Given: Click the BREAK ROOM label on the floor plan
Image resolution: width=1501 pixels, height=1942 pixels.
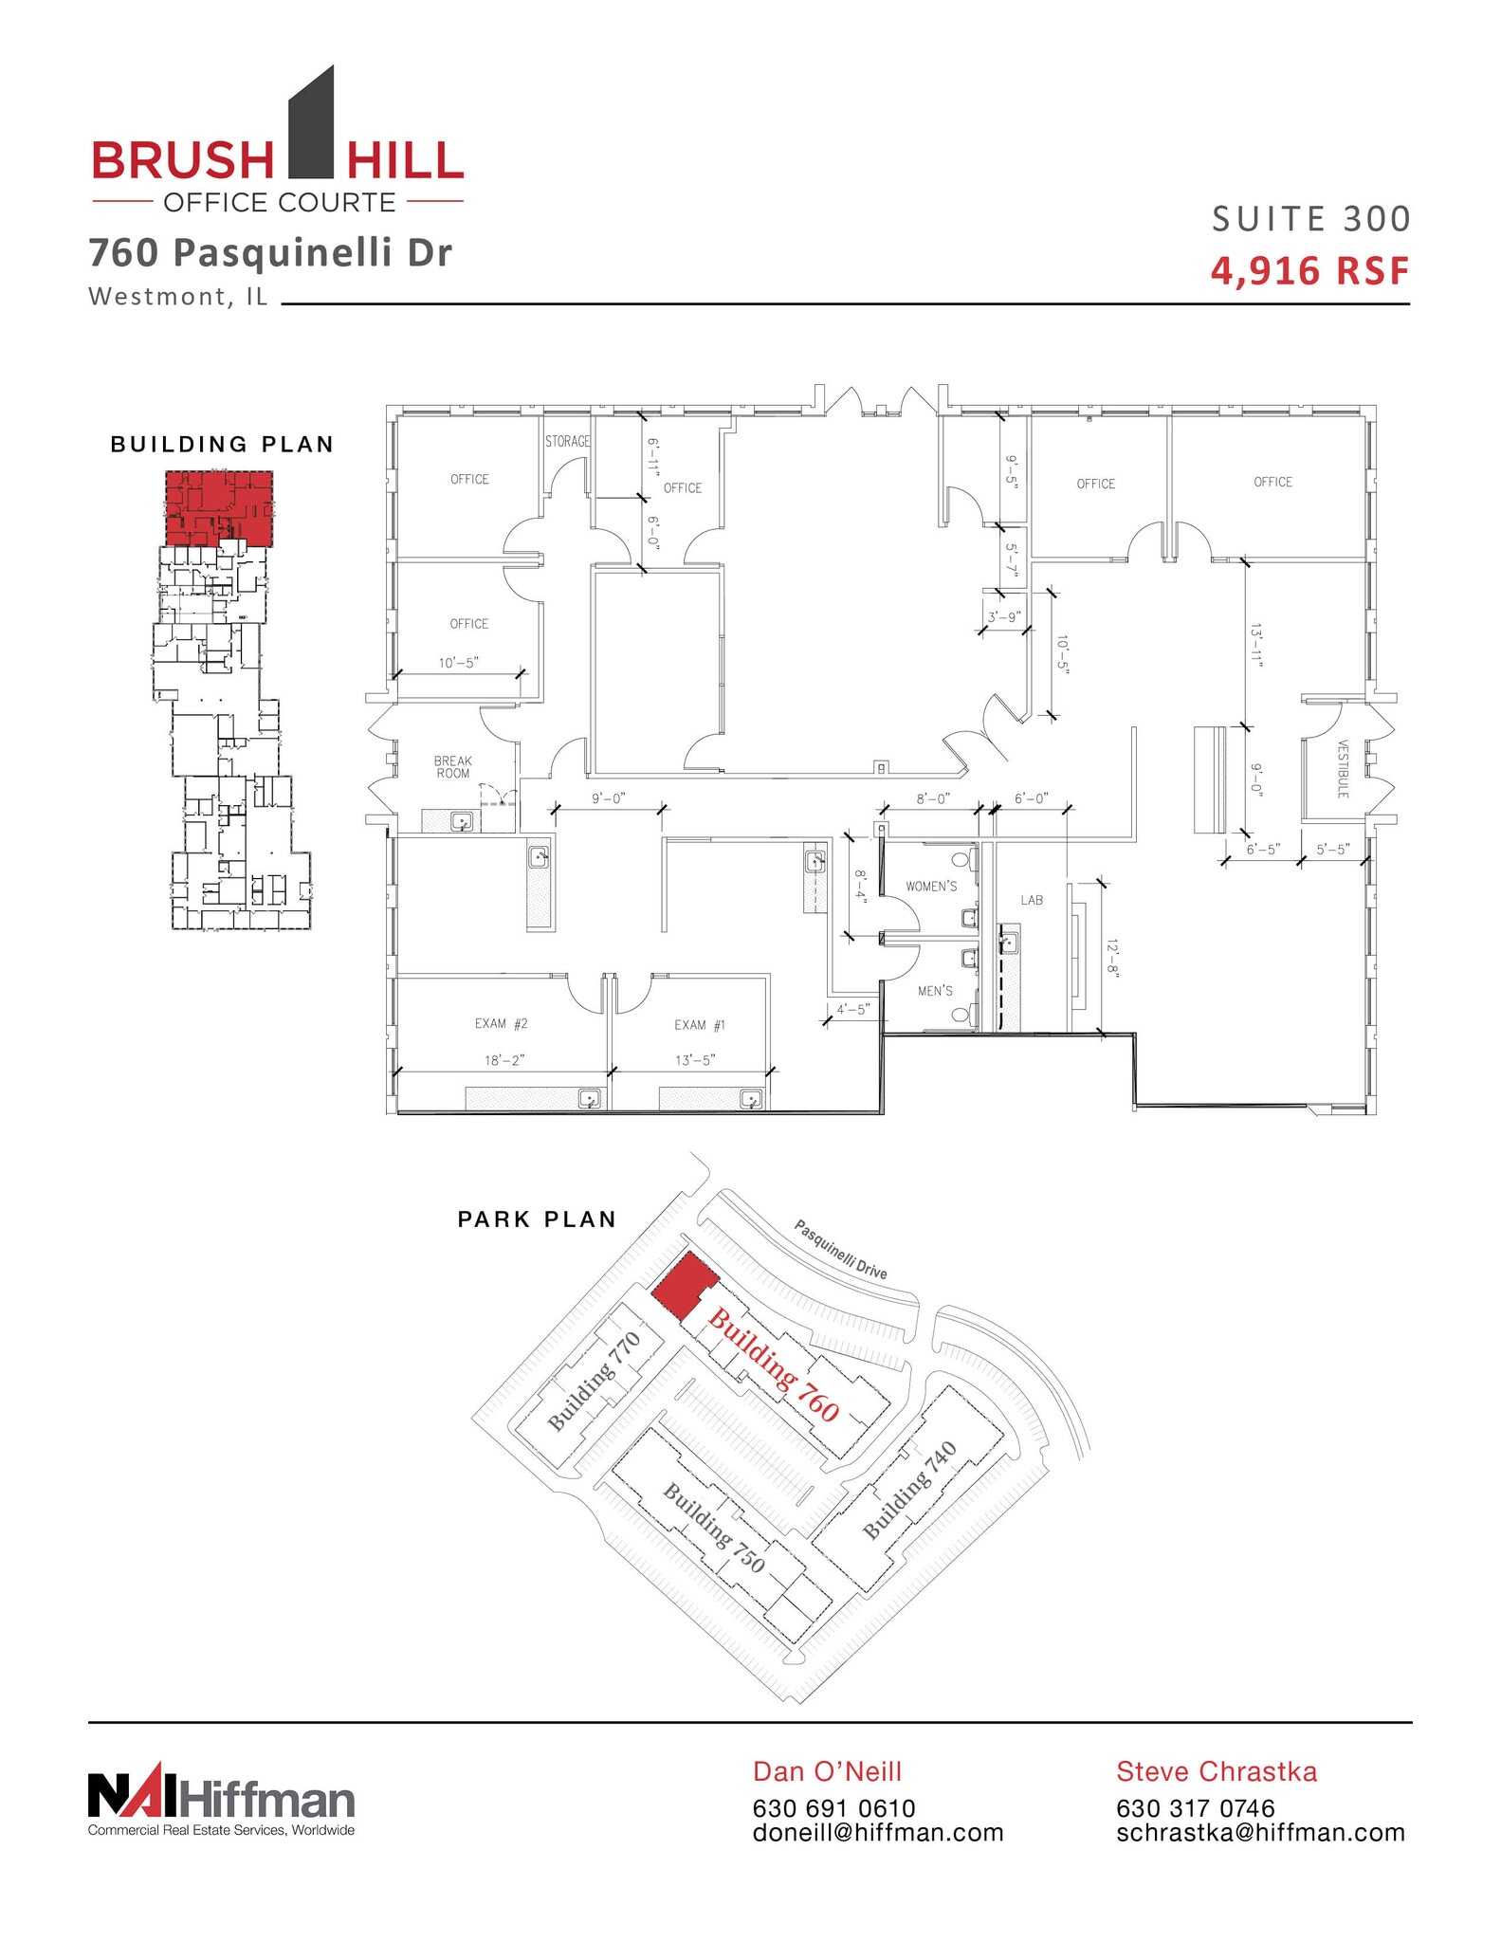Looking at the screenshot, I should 452,767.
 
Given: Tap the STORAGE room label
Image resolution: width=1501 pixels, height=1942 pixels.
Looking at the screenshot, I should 567,441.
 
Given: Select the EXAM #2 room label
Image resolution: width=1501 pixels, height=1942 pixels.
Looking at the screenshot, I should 501,1023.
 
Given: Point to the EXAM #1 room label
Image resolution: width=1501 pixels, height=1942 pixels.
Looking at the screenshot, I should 700,1025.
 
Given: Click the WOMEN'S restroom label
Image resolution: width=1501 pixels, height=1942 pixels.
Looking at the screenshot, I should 931,887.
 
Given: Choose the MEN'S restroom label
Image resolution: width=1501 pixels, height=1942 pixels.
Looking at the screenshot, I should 935,991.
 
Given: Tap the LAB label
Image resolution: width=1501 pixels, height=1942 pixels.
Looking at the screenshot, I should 1032,900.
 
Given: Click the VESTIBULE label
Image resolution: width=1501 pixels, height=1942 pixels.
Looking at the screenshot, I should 1343,769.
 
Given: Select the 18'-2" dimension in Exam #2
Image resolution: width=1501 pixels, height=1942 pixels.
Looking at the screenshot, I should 504,1060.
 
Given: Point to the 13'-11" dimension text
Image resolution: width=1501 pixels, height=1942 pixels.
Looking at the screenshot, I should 1256,647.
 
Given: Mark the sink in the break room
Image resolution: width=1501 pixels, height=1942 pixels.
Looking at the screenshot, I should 462,821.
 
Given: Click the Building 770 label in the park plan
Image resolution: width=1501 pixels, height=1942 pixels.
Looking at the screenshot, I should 595,1381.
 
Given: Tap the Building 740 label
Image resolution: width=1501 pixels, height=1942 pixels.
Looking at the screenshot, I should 908,1490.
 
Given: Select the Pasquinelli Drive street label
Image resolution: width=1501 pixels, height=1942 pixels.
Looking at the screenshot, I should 840,1249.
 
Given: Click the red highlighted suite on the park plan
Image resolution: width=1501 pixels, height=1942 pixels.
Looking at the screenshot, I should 684,1286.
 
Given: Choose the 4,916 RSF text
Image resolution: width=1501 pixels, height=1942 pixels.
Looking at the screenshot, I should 1309,271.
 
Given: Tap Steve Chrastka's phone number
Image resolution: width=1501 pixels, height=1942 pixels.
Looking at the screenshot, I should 1195,1808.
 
